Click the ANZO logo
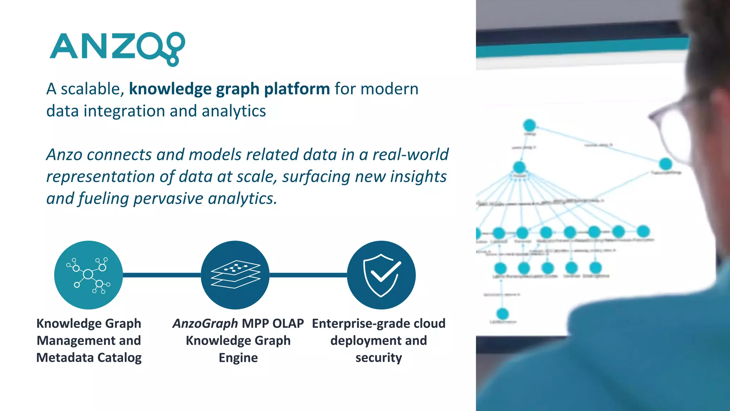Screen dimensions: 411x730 (x=117, y=48)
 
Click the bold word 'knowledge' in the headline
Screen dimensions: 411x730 (x=170, y=89)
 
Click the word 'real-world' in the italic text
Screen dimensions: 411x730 (x=410, y=154)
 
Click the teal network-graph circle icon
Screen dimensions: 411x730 (x=88, y=275)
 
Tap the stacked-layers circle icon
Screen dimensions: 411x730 (x=235, y=275)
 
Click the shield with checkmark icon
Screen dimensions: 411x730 (x=381, y=275)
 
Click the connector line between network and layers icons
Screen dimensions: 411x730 (x=161, y=275)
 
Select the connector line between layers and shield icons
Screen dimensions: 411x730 (x=308, y=275)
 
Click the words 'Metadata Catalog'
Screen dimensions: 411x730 (x=89, y=357)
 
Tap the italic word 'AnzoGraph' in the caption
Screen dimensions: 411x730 (x=205, y=323)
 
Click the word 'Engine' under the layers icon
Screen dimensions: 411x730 (x=238, y=357)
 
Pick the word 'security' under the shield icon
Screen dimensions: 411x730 (x=379, y=357)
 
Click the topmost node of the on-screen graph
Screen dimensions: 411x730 (x=529, y=125)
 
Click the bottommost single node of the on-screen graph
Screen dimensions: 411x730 (x=503, y=314)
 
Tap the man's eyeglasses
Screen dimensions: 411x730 (x=670, y=121)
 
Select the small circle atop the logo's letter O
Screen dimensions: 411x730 (x=177, y=40)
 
